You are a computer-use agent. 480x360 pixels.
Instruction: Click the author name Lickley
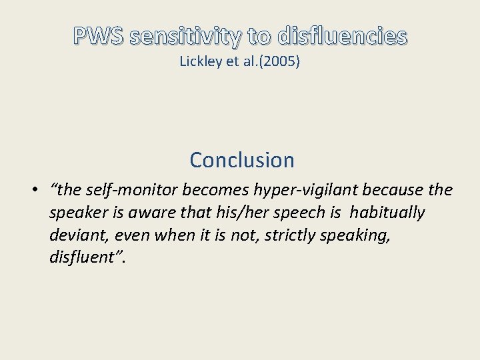tap(199, 62)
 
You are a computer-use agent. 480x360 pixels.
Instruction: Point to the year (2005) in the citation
tap(281, 62)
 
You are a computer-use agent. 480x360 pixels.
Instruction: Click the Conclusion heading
tap(241, 160)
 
